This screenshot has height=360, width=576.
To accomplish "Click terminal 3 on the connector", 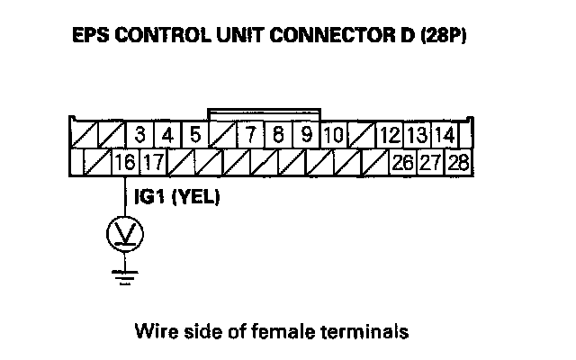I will (140, 137).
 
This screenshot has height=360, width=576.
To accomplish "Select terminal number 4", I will (167, 137).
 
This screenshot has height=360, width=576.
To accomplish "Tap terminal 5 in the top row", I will (194, 137).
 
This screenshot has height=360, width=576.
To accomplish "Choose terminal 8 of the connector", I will (280, 137).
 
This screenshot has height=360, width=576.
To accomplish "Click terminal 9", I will (306, 137).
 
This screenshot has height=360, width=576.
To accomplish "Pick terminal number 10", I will (333, 137).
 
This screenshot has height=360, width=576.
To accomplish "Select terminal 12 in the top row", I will (390, 137).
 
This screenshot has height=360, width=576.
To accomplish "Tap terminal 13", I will (417, 137).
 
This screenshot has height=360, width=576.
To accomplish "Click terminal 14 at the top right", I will (443, 137).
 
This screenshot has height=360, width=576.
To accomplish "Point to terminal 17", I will (152, 164).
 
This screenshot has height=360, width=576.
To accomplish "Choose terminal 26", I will (401, 164).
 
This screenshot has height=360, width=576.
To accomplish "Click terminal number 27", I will (429, 164).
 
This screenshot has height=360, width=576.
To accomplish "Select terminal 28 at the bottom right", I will (457, 164).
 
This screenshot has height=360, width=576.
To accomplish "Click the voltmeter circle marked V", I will (124, 235).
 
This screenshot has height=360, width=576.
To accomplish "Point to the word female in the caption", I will (298, 331).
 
